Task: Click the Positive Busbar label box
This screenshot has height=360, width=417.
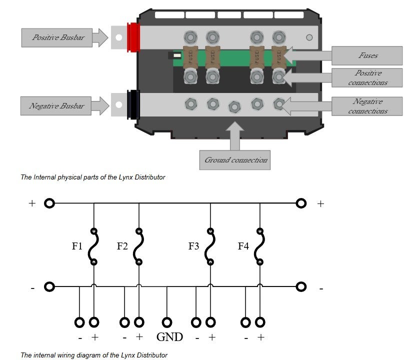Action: point(57,37)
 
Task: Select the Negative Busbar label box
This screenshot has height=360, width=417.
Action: point(56,106)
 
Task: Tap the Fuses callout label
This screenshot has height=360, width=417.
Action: point(368,55)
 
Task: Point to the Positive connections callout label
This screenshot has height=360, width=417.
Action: point(368,77)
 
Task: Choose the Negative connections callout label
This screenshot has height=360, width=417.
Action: point(368,106)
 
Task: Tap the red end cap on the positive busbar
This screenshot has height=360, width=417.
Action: point(133,37)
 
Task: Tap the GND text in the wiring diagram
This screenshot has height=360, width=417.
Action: point(169,337)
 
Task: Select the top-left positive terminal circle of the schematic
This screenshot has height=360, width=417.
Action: point(49,203)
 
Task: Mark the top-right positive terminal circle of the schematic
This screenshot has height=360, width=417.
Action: point(301,203)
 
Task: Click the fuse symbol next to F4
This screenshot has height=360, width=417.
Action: point(259,246)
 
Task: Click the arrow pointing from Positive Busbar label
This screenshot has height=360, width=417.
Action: point(99,37)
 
